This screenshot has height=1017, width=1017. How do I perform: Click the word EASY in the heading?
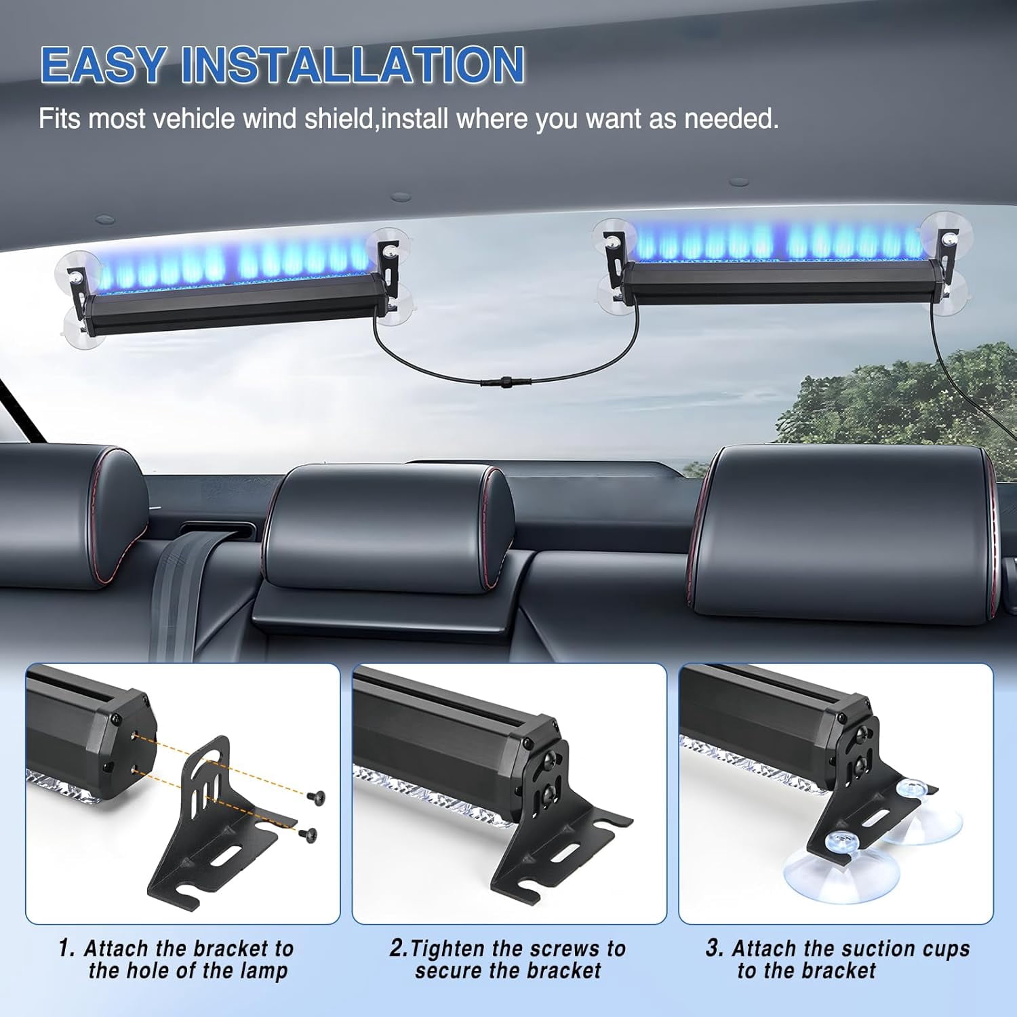[102, 64]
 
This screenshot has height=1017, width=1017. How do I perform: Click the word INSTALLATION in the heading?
[353, 64]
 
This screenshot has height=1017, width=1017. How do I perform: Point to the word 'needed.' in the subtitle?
[732, 119]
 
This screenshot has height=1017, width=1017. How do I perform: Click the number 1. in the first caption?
[66, 948]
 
